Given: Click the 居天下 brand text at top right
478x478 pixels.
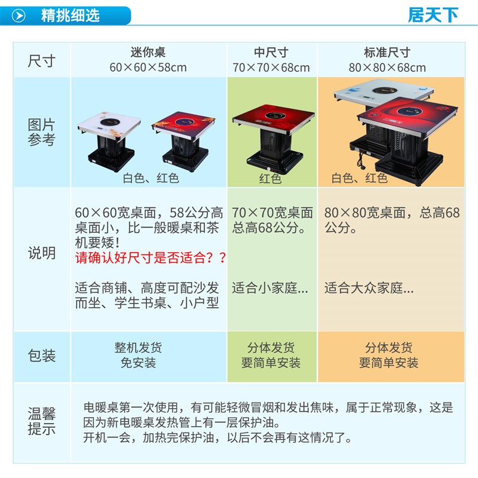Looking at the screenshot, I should click(433, 15).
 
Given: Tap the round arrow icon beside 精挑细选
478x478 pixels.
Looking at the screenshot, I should click(19, 16).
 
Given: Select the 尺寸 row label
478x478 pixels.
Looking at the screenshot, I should click(41, 61).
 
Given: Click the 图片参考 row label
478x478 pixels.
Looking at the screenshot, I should click(41, 133).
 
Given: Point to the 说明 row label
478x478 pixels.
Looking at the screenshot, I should click(41, 253).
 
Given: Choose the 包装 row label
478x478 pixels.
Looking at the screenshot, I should click(41, 356).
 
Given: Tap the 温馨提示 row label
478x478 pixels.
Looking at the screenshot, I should click(41, 421).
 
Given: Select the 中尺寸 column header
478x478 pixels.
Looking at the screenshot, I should click(271, 53).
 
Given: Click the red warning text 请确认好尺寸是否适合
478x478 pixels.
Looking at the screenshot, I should click(151, 258).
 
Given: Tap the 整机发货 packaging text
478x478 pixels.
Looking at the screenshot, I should click(138, 348).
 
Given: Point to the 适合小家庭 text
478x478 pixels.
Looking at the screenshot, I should click(270, 288).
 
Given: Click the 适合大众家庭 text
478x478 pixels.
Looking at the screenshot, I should click(369, 288).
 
